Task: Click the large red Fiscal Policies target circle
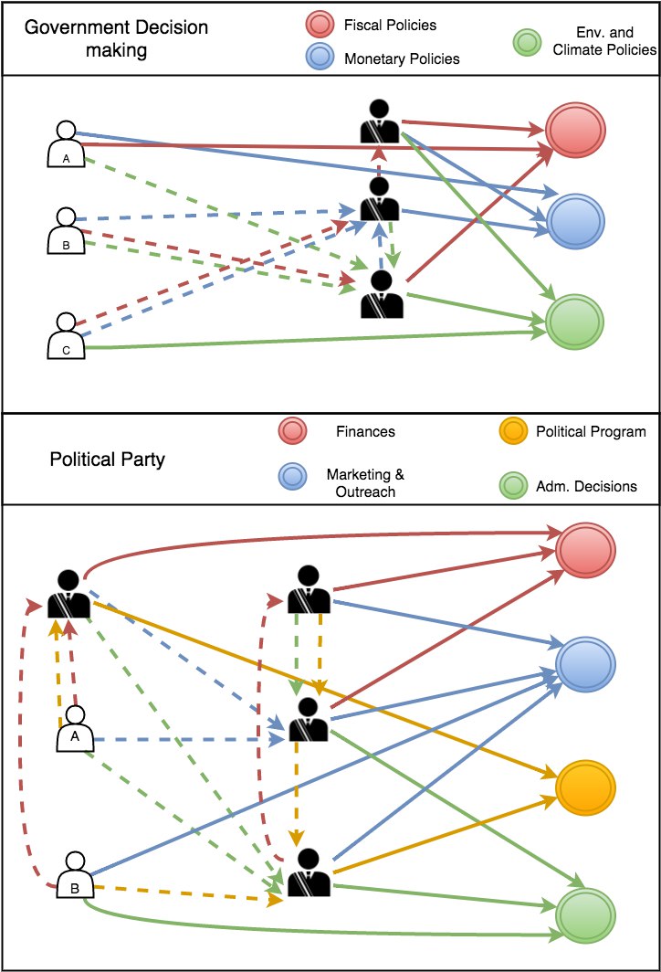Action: pos(575,130)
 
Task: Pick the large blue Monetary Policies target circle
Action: pos(575,221)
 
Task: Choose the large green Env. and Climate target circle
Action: pos(574,322)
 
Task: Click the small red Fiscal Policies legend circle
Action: pos(320,24)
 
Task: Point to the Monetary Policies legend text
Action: pos(402,58)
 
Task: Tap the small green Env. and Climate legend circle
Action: pos(527,43)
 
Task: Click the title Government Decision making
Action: pos(117,38)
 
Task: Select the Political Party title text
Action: pos(107,460)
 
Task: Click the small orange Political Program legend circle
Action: pos(513,431)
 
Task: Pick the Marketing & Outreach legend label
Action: pos(365,483)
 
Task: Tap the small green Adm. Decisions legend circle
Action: pos(514,485)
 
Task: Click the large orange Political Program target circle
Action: pos(585,787)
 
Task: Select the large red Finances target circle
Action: pos(585,550)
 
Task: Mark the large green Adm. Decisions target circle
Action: pos(585,915)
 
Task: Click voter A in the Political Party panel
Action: pos(75,729)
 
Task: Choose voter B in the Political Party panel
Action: pos(75,874)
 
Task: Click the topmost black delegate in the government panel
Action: pos(379,121)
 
